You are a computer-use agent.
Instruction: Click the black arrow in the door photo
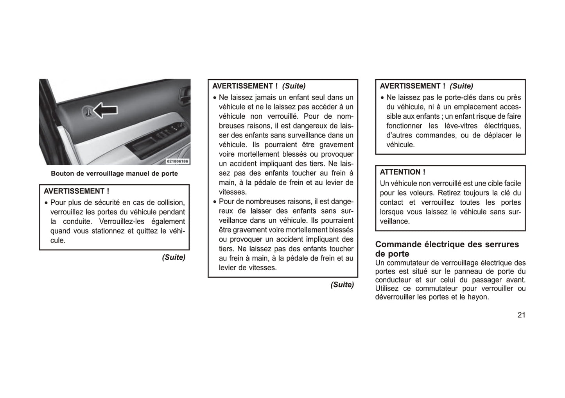(106, 111)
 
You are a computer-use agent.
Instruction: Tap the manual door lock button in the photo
(89, 112)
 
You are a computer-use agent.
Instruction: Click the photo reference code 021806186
(178, 161)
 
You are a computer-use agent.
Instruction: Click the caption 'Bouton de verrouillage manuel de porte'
(114, 174)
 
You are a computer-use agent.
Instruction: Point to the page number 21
(521, 315)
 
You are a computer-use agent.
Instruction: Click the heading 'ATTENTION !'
(402, 172)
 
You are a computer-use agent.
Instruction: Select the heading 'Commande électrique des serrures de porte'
(447, 249)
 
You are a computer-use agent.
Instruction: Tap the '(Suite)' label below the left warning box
(174, 257)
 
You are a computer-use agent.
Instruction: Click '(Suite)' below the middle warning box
(342, 285)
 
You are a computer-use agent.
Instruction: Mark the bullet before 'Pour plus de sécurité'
(46, 203)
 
